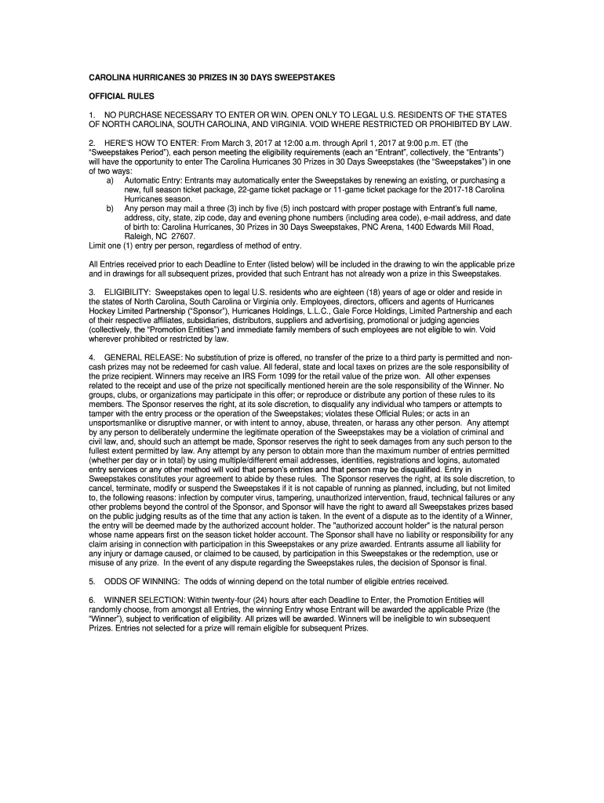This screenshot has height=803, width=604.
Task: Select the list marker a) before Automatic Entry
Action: click(110, 180)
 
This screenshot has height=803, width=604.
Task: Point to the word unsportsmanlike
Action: click(124, 422)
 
